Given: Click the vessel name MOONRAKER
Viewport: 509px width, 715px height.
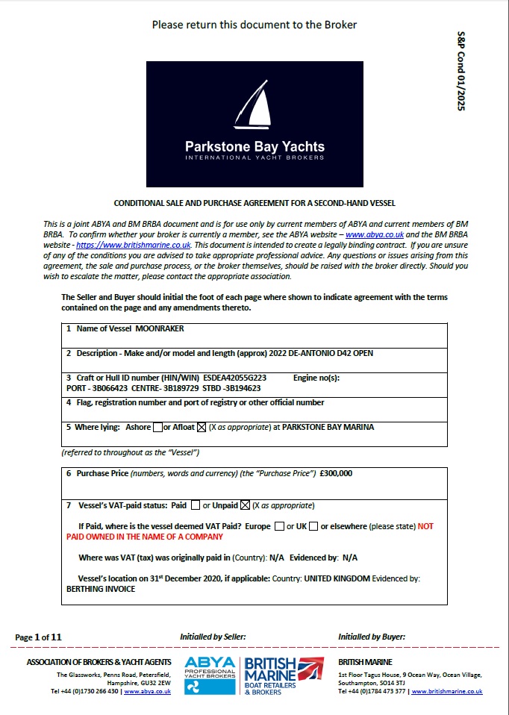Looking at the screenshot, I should [x=160, y=329].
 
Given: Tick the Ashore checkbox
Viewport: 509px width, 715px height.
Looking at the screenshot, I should [x=157, y=428].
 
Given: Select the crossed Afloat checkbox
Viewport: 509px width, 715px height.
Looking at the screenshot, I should [x=200, y=428].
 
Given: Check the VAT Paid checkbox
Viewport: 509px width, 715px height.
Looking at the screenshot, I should [x=196, y=505].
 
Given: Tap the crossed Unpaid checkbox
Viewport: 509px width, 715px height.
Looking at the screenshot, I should [x=245, y=505].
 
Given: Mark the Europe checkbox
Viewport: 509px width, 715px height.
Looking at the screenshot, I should [x=279, y=526].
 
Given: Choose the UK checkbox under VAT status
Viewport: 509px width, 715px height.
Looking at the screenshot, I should [x=313, y=526].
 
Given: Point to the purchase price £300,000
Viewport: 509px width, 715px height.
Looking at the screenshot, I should [x=335, y=473].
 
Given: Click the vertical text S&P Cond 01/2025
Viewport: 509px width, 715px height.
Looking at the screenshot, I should [x=460, y=72].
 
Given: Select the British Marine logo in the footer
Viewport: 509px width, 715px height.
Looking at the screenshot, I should [x=284, y=675].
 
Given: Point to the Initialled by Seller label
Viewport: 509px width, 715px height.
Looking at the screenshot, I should [x=213, y=637].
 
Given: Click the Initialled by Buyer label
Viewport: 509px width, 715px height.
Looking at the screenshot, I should [x=372, y=637].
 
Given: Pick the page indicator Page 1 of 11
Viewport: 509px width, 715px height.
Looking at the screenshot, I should [x=38, y=637].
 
